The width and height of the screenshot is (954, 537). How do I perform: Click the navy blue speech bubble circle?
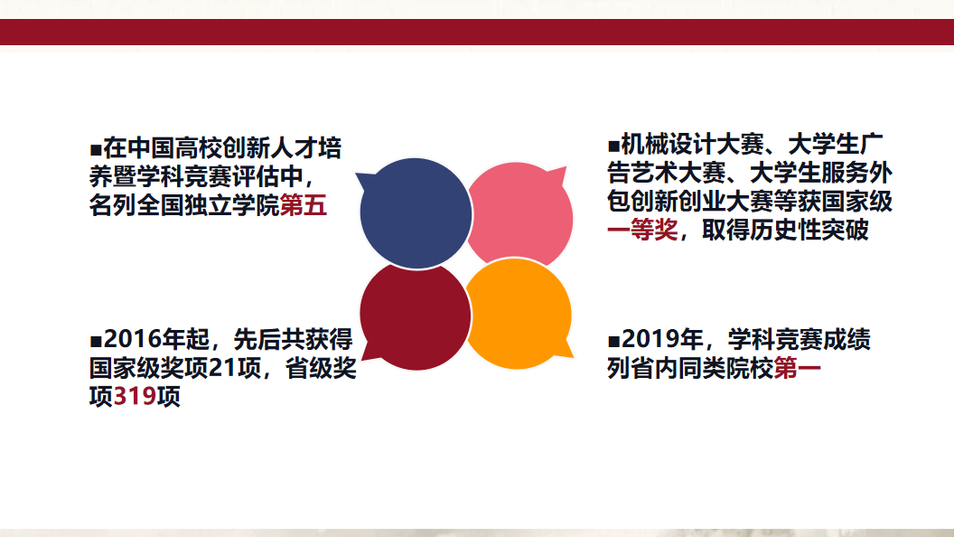416,213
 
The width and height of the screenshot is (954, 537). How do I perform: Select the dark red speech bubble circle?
416,316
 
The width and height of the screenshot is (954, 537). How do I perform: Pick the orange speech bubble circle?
518,315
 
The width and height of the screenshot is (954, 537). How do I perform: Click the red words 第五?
303,205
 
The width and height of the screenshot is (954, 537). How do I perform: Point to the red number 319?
135,396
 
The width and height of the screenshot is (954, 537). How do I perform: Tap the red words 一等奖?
642,230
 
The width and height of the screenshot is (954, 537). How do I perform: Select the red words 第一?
797,368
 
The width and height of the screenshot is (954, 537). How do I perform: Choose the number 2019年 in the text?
662,339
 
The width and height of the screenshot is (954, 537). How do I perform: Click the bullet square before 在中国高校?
96,150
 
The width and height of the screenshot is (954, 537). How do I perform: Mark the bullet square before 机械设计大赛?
613,146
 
